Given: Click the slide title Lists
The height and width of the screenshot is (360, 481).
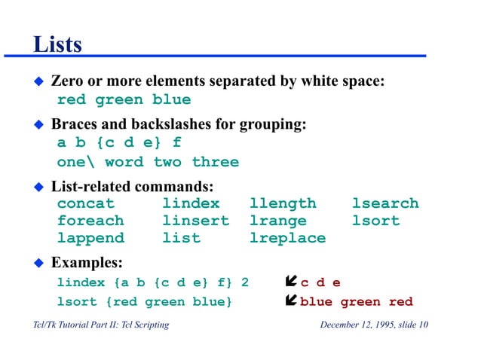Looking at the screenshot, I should pyautogui.click(x=57, y=44).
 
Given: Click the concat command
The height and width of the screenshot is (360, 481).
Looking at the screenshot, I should pyautogui.click(x=85, y=203).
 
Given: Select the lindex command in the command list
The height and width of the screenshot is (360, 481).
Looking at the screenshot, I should pyautogui.click(x=191, y=203).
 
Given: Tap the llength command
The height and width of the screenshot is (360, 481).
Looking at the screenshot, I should pyautogui.click(x=283, y=203).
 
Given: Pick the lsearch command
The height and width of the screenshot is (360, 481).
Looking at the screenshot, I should pyautogui.click(x=384, y=203).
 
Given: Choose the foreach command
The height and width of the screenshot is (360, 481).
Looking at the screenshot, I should pyautogui.click(x=90, y=221).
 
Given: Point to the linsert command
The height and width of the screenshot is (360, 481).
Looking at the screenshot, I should pyautogui.click(x=195, y=221).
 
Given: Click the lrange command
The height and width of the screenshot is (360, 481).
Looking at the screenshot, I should pyautogui.click(x=277, y=221).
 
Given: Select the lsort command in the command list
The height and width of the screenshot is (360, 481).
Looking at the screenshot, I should pyautogui.click(x=375, y=221).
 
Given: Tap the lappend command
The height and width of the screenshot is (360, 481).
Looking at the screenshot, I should pyautogui.click(x=90, y=238).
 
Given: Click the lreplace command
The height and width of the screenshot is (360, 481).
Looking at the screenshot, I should pyautogui.click(x=287, y=238).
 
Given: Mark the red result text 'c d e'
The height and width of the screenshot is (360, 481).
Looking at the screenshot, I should pyautogui.click(x=320, y=283).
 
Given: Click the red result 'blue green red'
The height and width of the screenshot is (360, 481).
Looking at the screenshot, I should pyautogui.click(x=357, y=302).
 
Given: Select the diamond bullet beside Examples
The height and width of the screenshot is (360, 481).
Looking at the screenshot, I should pyautogui.click(x=40, y=263).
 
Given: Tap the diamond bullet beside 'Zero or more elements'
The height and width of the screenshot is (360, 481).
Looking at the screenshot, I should pyautogui.click(x=40, y=81).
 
